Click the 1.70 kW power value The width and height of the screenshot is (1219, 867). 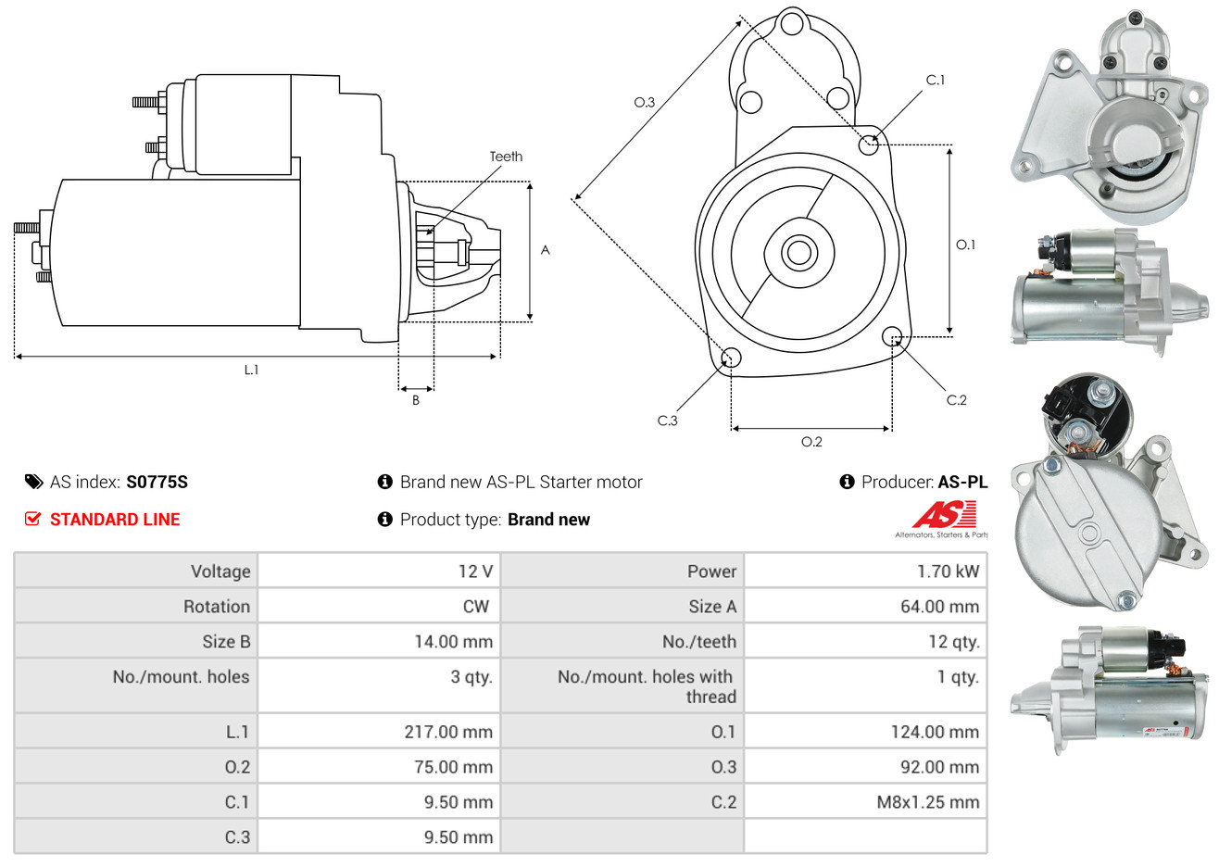pos(948,572)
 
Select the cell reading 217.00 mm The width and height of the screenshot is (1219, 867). pos(448,732)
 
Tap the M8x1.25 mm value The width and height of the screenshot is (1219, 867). pos(927,802)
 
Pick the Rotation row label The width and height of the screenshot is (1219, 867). pos(217,607)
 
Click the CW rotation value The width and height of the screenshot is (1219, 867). pos(475,607)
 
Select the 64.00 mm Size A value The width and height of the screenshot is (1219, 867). pos(939,607)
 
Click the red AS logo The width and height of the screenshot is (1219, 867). pos(945,515)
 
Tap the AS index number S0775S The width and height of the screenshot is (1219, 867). pos(157,482)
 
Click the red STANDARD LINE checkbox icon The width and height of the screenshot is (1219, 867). pos(33,519)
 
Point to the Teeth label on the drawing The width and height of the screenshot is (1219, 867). pos(506,157)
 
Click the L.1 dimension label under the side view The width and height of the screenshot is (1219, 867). pos(251,370)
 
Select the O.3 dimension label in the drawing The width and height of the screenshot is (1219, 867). pos(644,102)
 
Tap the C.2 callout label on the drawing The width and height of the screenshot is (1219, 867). pos(956,400)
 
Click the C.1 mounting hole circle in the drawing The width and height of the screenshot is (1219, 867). pos(869,144)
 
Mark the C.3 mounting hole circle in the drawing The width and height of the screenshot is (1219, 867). pos(731,358)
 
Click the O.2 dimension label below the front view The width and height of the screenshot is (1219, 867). pos(811,442)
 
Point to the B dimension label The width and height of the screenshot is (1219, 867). pos(416,400)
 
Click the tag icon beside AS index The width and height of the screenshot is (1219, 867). pos(33,482)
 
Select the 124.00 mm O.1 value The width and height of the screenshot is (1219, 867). pos(935,732)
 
